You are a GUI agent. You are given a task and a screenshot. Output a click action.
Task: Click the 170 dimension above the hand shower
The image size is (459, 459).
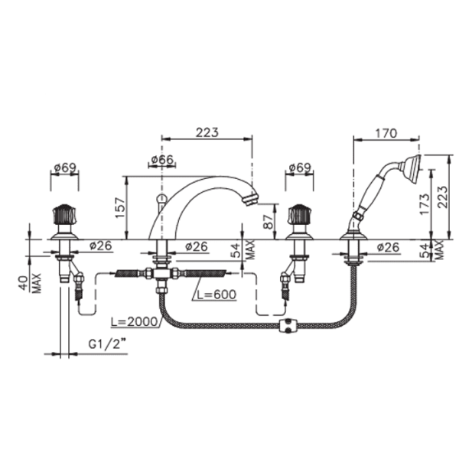pos(386,133)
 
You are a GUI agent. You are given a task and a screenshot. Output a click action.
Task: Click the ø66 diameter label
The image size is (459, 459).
pos(162,160)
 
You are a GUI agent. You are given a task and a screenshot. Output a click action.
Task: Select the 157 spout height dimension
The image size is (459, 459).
pos(120,208)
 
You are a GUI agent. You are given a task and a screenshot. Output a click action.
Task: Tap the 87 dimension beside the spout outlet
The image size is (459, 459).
pos(269,222)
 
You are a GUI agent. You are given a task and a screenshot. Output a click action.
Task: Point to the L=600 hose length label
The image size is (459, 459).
pos(216,295)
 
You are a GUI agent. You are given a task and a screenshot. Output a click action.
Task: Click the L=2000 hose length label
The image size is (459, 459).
pos(134,321)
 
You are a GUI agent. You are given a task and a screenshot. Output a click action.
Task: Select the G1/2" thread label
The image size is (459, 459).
pos(109,344)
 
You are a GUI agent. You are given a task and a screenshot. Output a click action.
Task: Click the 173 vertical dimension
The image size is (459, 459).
pos(425,204)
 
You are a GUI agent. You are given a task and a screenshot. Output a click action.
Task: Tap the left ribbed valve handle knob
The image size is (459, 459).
pos(65,214)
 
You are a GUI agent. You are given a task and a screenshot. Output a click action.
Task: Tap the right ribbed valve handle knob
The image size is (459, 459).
pos(299,214)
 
